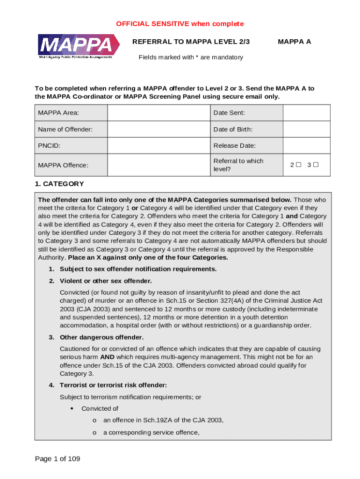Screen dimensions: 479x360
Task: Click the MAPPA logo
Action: [75, 46]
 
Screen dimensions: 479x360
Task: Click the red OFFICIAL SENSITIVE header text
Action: [180, 24]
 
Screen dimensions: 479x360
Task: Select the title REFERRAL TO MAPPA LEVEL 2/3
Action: [191, 42]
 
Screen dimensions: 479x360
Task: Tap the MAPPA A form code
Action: [294, 42]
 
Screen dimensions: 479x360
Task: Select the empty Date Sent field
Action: [307, 113]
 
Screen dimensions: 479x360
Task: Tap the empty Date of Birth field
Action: [307, 129]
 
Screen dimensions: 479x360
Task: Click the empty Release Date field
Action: [307, 145]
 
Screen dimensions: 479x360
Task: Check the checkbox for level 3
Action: [316, 165]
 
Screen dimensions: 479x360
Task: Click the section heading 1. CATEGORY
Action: [59, 184]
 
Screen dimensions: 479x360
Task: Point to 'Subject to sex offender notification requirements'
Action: [138, 269]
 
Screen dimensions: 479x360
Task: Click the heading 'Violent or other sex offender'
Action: [106, 281]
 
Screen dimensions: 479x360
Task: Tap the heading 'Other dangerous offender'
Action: [101, 337]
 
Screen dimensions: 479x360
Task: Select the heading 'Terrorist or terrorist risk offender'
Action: [113, 385]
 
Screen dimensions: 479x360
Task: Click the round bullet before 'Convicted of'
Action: [72, 408]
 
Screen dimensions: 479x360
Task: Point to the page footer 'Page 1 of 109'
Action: [58, 458]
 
